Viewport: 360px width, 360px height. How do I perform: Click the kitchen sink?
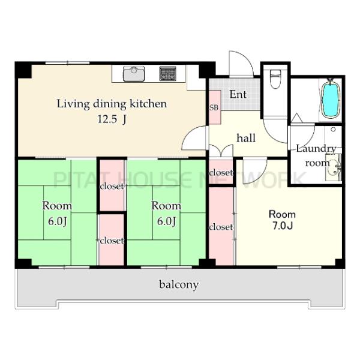click(x=134, y=74)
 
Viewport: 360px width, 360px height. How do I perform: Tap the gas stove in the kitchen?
click(x=168, y=73)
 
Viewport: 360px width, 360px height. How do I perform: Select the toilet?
click(x=275, y=79)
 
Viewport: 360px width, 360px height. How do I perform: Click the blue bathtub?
click(x=331, y=99)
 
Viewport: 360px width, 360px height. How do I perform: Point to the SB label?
click(x=214, y=107)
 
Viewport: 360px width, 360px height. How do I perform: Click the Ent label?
click(x=238, y=94)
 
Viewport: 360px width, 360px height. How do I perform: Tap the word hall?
click(x=246, y=138)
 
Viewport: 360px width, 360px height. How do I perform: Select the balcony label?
click(x=179, y=285)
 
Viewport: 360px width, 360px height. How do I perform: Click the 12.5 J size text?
click(x=112, y=119)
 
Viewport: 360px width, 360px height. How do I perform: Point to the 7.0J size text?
click(x=283, y=226)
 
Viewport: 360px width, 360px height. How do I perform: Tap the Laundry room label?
click(x=316, y=155)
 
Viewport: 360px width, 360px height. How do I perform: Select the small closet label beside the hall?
click(x=221, y=172)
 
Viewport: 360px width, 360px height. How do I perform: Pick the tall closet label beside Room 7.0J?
click(x=221, y=227)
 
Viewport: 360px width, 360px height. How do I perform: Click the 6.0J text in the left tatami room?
click(x=58, y=221)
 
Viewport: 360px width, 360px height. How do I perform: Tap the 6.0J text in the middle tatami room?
click(x=167, y=221)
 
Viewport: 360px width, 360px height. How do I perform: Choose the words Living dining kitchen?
click(x=112, y=104)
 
